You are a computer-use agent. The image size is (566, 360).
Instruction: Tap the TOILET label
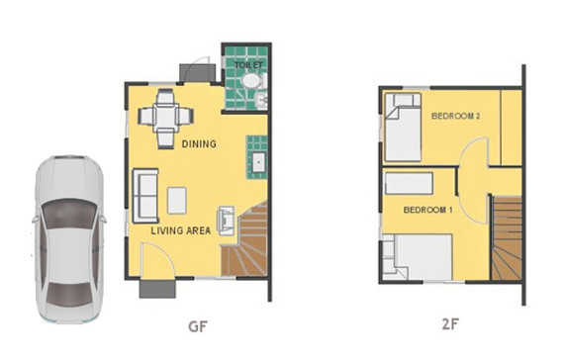(247, 65)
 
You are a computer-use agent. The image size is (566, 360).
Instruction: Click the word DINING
(198, 143)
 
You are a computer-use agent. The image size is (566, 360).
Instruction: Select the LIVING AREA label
(180, 230)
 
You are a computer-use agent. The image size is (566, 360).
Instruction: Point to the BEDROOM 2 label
(455, 117)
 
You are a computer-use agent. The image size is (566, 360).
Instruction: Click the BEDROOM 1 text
(427, 210)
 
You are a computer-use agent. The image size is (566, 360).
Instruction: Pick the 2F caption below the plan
(449, 323)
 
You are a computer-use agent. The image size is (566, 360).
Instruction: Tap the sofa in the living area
(145, 196)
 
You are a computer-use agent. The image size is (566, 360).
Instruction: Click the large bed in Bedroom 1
(416, 257)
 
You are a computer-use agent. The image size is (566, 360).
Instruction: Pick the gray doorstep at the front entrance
(155, 289)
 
